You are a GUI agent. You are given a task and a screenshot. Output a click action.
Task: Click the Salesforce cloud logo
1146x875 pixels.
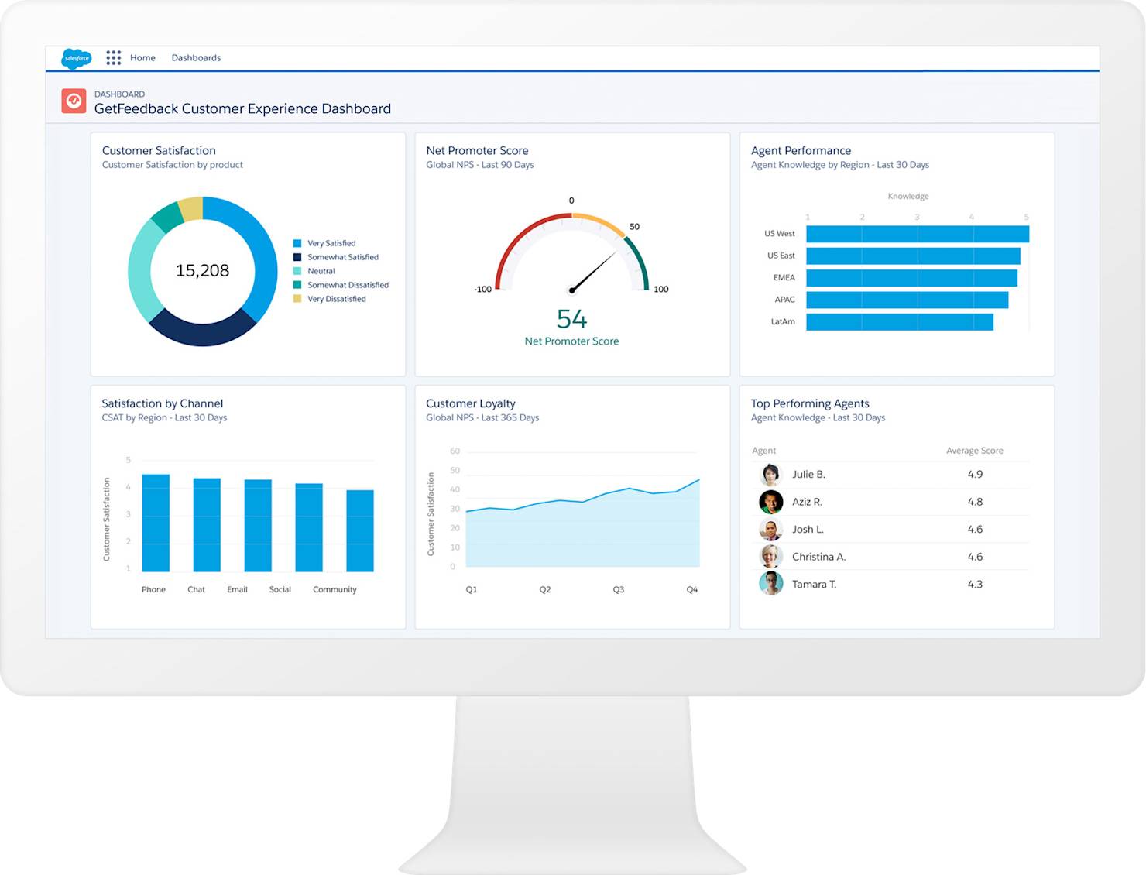(76, 58)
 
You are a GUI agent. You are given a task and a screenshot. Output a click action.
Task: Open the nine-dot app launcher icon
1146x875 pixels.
(114, 58)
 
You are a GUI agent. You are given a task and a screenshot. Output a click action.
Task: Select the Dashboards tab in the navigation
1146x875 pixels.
(196, 58)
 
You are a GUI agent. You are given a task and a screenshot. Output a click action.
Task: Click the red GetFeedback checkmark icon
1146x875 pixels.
(74, 101)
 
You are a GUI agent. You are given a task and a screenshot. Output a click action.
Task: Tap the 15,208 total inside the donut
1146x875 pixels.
(202, 270)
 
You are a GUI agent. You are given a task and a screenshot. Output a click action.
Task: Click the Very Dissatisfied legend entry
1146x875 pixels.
(336, 299)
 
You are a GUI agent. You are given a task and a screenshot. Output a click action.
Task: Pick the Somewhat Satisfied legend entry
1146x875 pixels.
(342, 257)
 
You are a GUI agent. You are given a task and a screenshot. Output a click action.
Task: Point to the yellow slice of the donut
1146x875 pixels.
(191, 209)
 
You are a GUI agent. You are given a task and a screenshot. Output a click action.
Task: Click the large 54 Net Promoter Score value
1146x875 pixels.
(571, 319)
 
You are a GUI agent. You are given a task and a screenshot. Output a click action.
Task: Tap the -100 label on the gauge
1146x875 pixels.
(482, 290)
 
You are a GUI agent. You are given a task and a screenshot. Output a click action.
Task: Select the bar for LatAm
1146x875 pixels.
(899, 322)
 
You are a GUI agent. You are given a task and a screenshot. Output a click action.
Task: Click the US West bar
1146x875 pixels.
(917, 234)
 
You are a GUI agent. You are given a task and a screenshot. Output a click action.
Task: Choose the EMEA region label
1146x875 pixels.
(784, 278)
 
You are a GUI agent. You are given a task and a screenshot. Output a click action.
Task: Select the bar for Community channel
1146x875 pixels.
(360, 530)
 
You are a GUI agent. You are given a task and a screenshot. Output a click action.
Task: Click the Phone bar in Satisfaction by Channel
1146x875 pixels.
(156, 523)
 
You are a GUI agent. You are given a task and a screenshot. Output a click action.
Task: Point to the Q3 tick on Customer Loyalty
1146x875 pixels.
(619, 590)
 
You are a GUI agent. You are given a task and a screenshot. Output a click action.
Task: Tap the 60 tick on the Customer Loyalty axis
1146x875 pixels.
(455, 451)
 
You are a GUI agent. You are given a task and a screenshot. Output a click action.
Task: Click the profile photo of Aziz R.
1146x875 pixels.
(770, 502)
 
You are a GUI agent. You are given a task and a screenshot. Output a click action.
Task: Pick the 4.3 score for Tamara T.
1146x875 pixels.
(975, 585)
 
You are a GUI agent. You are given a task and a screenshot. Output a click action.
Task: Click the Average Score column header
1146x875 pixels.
(974, 451)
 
